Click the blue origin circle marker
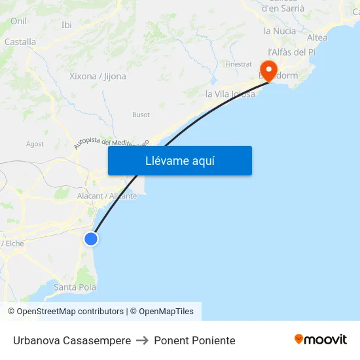pyautogui.click(x=91, y=239)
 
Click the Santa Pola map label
pyautogui.click(x=75, y=287)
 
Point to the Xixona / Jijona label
pyautogui.click(x=98, y=77)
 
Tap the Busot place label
pyautogui.click(x=141, y=115)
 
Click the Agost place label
pyautogui.click(x=35, y=144)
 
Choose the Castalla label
pyautogui.click(x=20, y=42)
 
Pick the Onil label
pyautogui.click(x=18, y=22)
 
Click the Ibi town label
pyautogui.click(x=66, y=25)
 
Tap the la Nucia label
pyautogui.click(x=279, y=31)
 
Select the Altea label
pyautogui.click(x=317, y=37)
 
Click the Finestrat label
pyautogui.click(x=238, y=64)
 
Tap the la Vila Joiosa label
pyautogui.click(x=230, y=94)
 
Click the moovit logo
pyautogui.click(x=321, y=339)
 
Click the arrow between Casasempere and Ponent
pyautogui.click(x=142, y=340)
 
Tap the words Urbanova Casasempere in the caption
pyautogui.click(x=71, y=340)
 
